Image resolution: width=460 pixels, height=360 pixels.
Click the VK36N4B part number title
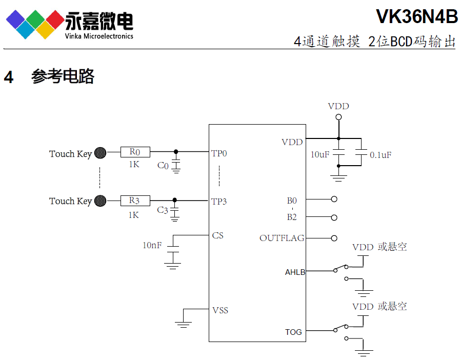click(x=416, y=16)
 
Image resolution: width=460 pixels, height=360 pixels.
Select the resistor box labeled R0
click(x=135, y=152)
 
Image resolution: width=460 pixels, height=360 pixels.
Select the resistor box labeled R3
click(x=134, y=201)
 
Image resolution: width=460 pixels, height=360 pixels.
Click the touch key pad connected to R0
click(x=101, y=153)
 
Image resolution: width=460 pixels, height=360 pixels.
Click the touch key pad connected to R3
click(x=101, y=201)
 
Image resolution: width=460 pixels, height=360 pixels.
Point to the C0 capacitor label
click(x=163, y=166)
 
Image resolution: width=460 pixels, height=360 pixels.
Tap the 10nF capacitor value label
click(x=152, y=246)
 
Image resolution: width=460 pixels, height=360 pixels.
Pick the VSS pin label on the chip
click(x=220, y=310)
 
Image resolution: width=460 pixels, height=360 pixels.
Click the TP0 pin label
click(x=219, y=153)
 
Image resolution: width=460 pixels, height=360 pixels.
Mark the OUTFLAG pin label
click(x=282, y=238)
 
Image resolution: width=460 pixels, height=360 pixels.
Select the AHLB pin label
click(x=295, y=272)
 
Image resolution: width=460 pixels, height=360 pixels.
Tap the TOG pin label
click(x=294, y=332)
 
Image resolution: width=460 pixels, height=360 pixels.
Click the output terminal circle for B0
click(x=334, y=199)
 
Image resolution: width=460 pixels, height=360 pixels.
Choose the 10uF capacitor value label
click(x=320, y=154)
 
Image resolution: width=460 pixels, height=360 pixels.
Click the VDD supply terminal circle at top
click(x=338, y=117)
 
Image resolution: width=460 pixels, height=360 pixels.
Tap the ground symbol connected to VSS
click(x=183, y=323)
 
